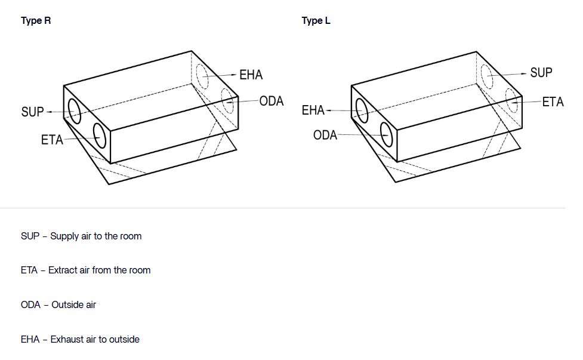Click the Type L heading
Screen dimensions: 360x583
click(316, 21)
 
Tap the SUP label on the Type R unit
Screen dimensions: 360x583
click(32, 112)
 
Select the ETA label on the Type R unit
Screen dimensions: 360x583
click(52, 140)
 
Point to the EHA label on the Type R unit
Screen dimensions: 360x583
click(251, 75)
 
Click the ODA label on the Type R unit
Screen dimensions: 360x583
click(272, 101)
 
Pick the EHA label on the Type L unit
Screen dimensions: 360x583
click(313, 110)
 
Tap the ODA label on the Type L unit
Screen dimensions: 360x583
click(325, 136)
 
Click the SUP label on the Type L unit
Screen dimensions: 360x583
click(541, 73)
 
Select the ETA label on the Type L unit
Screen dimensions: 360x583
click(553, 102)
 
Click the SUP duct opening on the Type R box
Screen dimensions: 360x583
click(75, 111)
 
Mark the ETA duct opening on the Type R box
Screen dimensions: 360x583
click(99, 136)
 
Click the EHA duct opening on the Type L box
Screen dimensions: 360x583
click(362, 110)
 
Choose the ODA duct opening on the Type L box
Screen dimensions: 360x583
click(387, 134)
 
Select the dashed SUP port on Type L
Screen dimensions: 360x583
click(487, 75)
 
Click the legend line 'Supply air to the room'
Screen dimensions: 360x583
click(81, 236)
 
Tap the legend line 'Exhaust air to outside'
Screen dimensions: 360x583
click(80, 339)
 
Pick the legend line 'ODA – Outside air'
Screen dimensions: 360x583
click(58, 304)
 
